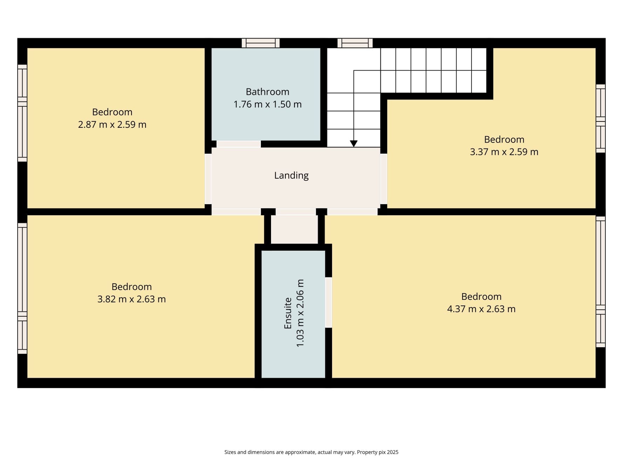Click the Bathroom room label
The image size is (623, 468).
point(267,92)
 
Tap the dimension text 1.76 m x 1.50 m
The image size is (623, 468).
point(267,105)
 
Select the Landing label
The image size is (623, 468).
point(291,175)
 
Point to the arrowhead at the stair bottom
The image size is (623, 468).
point(353,144)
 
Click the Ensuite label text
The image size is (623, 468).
point(288,313)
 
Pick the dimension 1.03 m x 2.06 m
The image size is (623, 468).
point(300,313)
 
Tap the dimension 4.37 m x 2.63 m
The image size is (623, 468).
point(481,309)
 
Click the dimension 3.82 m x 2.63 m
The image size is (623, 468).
point(131,299)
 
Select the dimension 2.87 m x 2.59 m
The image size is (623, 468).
point(112,125)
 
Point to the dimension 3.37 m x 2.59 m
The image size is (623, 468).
point(504,152)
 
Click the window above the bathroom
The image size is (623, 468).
point(260,43)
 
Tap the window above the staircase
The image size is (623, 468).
point(355,43)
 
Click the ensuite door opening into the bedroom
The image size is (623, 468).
point(329,302)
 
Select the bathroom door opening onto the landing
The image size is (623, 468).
point(238,144)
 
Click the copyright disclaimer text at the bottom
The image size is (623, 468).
point(311,452)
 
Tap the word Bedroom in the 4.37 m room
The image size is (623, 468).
point(481,297)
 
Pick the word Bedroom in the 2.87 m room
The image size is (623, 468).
point(112,112)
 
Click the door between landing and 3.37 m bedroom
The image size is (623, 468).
point(384,179)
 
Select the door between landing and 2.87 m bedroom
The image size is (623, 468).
point(208,179)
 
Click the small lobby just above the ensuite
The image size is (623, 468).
point(294,229)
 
